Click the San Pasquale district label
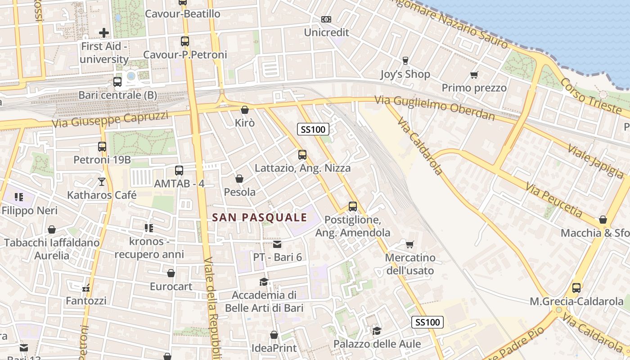pyautogui.click(x=259, y=217)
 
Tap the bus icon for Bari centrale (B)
pyautogui.click(x=117, y=82)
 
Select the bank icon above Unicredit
pyautogui.click(x=326, y=19)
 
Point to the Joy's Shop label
pyautogui.click(x=405, y=74)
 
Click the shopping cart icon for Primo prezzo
pyautogui.click(x=474, y=75)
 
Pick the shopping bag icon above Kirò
pyautogui.click(x=244, y=110)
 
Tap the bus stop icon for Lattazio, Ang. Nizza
pyautogui.click(x=302, y=155)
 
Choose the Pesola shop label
pyautogui.click(x=239, y=192)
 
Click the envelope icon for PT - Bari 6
pyautogui.click(x=277, y=244)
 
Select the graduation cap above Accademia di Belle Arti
pyautogui.click(x=264, y=282)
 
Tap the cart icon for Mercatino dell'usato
pyautogui.click(x=409, y=244)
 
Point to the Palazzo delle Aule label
pyautogui.click(x=377, y=344)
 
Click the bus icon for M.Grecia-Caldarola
pyautogui.click(x=576, y=288)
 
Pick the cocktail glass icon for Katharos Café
pyautogui.click(x=102, y=182)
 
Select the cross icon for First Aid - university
pyautogui.click(x=104, y=33)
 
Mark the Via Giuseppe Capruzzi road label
pyautogui.click(x=110, y=119)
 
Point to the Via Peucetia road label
pyautogui.click(x=556, y=201)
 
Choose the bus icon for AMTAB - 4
pyautogui.click(x=179, y=171)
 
